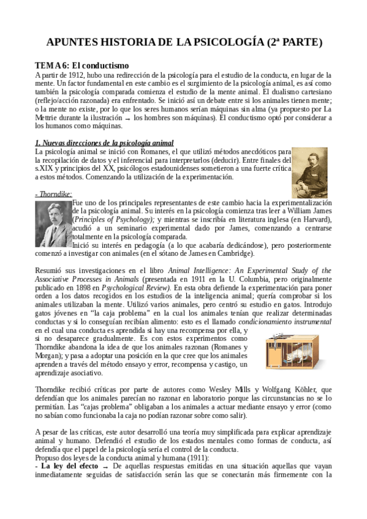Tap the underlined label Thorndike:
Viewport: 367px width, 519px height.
point(54,195)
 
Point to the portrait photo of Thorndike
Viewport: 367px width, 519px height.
point(53,225)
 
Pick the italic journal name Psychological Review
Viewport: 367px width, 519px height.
point(136,287)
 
